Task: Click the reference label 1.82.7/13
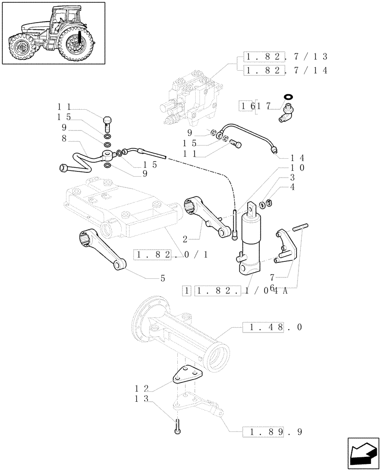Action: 286,57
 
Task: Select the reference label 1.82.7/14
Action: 286,70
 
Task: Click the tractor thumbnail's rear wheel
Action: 74,46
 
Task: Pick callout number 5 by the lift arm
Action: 163,278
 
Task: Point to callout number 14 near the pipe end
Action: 298,158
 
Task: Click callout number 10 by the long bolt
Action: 298,168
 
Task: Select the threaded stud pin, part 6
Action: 300,228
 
